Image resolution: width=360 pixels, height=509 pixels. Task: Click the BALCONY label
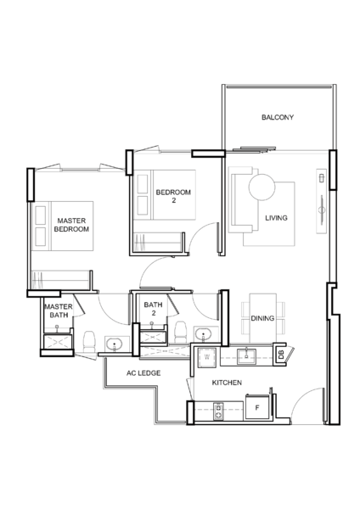[278, 117]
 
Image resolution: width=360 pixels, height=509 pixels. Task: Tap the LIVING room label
[276, 218]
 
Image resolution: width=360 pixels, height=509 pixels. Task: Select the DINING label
[262, 318]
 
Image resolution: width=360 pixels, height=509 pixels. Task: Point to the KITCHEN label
[227, 383]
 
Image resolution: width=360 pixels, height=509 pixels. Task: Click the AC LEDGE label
[143, 373]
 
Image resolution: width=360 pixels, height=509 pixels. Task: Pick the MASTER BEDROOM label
[71, 225]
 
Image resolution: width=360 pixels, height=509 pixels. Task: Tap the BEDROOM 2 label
[173, 197]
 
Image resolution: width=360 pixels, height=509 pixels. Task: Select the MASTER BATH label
[59, 311]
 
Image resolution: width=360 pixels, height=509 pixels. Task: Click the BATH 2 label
[153, 309]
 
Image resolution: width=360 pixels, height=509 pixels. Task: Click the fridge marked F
[257, 407]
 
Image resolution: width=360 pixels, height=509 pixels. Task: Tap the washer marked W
[207, 357]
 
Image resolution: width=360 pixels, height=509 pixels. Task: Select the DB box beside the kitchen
[281, 355]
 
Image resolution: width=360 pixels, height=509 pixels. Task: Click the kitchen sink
[246, 356]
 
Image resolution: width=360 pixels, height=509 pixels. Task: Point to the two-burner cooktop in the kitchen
[218, 411]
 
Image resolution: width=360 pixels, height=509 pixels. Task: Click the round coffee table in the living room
[262, 187]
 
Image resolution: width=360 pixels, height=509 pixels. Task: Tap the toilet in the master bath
[89, 342]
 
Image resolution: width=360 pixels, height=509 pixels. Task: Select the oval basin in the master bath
[114, 343]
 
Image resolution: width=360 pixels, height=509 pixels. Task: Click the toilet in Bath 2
[180, 333]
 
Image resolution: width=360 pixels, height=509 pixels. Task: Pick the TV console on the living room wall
[321, 201]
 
